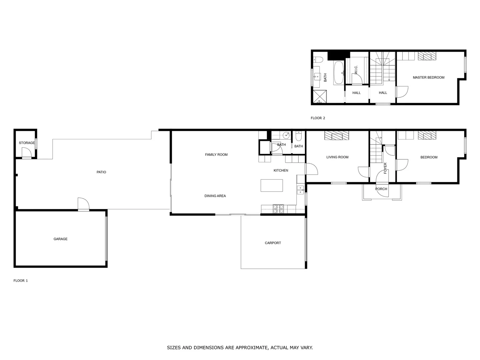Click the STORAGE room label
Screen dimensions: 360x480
(27, 143)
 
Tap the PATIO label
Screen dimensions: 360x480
(101, 172)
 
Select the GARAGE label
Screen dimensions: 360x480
(60, 239)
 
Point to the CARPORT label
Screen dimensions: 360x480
(273, 243)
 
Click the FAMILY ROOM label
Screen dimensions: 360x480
(216, 155)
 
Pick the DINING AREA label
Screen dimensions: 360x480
(215, 196)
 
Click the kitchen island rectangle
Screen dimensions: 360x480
(272, 185)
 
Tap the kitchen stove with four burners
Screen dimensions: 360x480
(278, 209)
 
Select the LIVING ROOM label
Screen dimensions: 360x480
(337, 157)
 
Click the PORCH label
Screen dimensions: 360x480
(381, 189)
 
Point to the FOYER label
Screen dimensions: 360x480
(385, 168)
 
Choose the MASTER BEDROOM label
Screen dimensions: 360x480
(428, 78)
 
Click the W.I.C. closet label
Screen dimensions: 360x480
(356, 70)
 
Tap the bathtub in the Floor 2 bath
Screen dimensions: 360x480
(339, 72)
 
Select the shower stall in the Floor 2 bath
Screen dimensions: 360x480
(319, 96)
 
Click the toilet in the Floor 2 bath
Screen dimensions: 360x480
(318, 60)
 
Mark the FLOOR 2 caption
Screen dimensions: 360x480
(318, 118)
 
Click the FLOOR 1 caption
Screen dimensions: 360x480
(21, 281)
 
